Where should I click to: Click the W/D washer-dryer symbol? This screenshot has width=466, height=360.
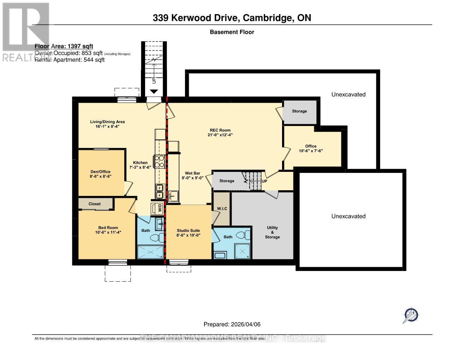pos(157,208)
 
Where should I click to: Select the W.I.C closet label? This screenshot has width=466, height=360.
pos(222,209)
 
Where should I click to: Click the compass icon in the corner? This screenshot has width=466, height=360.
pos(411,314)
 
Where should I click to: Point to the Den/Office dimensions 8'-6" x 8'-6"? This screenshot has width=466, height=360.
pos(101,176)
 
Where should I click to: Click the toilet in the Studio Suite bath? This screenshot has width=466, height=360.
pos(242,235)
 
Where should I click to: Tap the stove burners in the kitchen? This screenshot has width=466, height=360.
pos(160,161)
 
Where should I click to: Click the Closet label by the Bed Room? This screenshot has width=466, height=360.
pos(95,204)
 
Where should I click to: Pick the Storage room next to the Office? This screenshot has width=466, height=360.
pos(299,111)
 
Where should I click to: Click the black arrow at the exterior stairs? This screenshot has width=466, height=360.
pos(154,92)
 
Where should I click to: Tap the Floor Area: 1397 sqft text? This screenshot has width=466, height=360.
pos(64,46)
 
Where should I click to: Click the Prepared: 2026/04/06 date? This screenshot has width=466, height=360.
pos(232,324)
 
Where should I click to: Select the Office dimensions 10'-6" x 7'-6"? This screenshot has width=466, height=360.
pos(311,151)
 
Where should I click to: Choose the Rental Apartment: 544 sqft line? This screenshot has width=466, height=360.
pos(70,60)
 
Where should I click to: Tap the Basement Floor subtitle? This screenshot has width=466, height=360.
pos(232,32)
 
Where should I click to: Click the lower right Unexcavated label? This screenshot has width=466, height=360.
pos(348,216)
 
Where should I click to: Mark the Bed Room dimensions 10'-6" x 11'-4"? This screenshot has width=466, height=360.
pos(108,232)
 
